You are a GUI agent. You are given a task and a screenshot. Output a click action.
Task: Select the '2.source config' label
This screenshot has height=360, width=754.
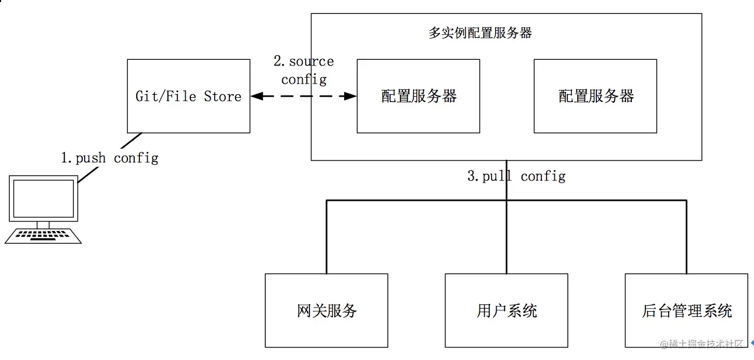click(x=304, y=70)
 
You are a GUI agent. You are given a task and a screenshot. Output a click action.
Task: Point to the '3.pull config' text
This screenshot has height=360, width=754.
click(x=516, y=176)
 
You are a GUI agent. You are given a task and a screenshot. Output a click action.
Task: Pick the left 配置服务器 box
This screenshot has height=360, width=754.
click(x=418, y=96)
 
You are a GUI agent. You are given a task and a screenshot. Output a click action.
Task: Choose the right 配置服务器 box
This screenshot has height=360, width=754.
click(x=595, y=96)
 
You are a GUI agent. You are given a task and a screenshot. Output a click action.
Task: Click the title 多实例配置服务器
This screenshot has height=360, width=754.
click(x=480, y=33)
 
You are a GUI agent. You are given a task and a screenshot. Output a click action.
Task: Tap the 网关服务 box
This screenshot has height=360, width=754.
click(x=327, y=311)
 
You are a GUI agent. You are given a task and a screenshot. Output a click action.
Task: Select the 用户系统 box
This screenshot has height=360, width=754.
click(x=506, y=311)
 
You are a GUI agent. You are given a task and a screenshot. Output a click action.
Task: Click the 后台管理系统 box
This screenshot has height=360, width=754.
click(x=686, y=311)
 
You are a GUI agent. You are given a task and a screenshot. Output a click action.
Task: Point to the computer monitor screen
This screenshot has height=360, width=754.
click(x=43, y=199)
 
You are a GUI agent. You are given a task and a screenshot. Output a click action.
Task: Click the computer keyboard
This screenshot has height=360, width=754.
click(x=44, y=236)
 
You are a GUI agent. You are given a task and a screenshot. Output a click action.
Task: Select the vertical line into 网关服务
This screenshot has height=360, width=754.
click(x=327, y=237)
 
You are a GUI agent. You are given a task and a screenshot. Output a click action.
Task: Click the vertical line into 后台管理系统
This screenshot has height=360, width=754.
click(x=686, y=237)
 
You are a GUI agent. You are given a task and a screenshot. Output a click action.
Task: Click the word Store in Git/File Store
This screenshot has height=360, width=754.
click(x=223, y=97)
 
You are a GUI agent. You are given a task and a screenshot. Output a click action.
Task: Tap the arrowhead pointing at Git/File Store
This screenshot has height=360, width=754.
click(x=256, y=96)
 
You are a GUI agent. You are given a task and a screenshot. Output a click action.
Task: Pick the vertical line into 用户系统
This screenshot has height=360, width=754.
click(x=506, y=237)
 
